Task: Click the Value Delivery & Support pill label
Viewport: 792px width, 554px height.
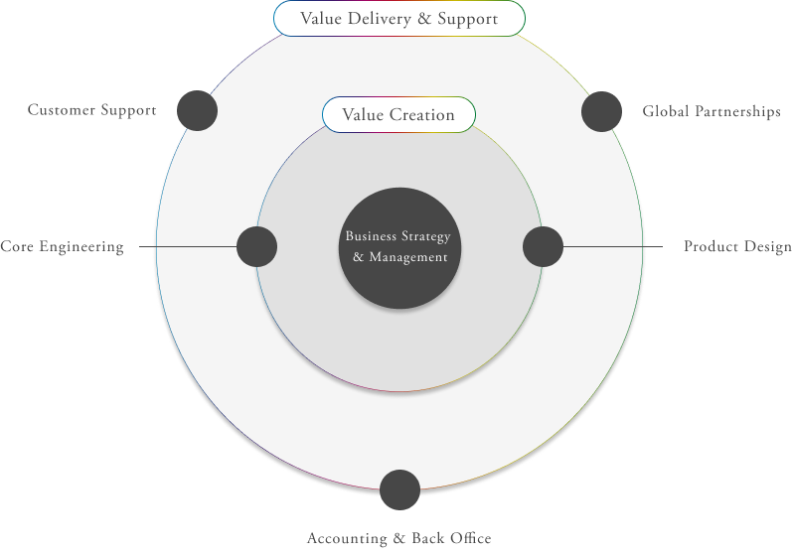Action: (x=398, y=19)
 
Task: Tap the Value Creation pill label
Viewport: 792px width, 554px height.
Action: (x=398, y=115)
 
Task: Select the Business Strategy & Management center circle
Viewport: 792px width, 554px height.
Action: (x=398, y=247)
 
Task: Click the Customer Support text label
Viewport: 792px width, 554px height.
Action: (x=91, y=110)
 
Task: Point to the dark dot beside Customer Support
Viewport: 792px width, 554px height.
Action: (x=197, y=110)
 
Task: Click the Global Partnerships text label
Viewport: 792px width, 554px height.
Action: (x=712, y=112)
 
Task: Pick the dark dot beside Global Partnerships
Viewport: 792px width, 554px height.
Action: (x=601, y=111)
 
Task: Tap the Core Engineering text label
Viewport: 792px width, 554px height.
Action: (x=62, y=247)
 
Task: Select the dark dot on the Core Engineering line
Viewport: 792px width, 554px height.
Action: (x=257, y=246)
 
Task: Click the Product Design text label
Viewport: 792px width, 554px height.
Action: (x=737, y=247)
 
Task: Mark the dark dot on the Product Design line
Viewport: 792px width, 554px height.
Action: (x=543, y=246)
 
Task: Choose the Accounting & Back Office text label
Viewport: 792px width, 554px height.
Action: (x=398, y=539)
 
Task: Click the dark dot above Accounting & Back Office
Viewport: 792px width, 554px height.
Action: (x=399, y=490)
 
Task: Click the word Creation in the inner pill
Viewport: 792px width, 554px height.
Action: (x=421, y=115)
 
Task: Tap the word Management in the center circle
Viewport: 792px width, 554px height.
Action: (x=407, y=258)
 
